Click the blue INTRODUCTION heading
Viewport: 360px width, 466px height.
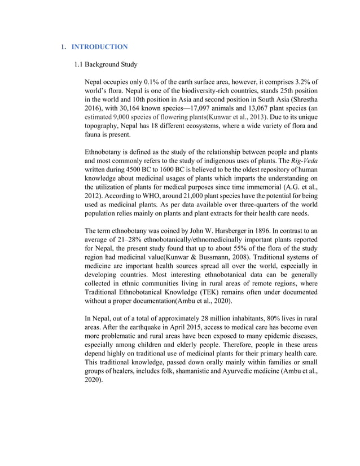click(100, 46)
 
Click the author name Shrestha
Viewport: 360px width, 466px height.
click(302, 100)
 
